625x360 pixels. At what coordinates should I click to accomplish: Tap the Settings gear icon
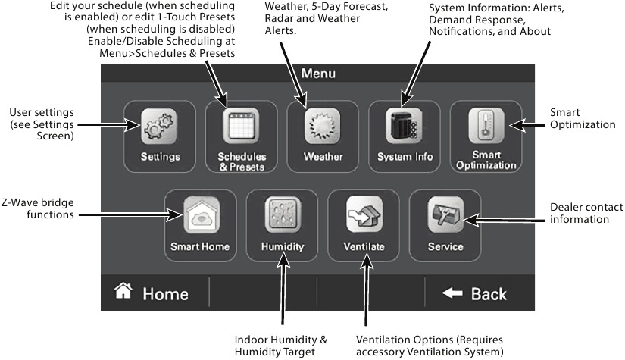(x=160, y=127)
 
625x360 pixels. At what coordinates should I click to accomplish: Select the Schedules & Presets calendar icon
(x=242, y=127)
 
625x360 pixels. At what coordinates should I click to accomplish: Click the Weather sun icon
(x=323, y=127)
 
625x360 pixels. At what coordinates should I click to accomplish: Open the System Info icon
(x=405, y=127)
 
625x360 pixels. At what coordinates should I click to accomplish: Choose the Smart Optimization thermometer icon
(x=486, y=127)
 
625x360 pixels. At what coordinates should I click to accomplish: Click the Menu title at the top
(x=318, y=74)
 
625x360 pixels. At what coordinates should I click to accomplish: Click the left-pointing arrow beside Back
(x=452, y=293)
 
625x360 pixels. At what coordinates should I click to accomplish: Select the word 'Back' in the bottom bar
(x=489, y=293)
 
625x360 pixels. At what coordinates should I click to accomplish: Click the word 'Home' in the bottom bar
(x=165, y=293)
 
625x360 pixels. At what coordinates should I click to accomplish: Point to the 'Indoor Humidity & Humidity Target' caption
(x=280, y=345)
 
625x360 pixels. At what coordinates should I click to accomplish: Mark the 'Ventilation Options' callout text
(x=429, y=345)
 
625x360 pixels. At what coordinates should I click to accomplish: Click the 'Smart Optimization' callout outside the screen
(x=583, y=118)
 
